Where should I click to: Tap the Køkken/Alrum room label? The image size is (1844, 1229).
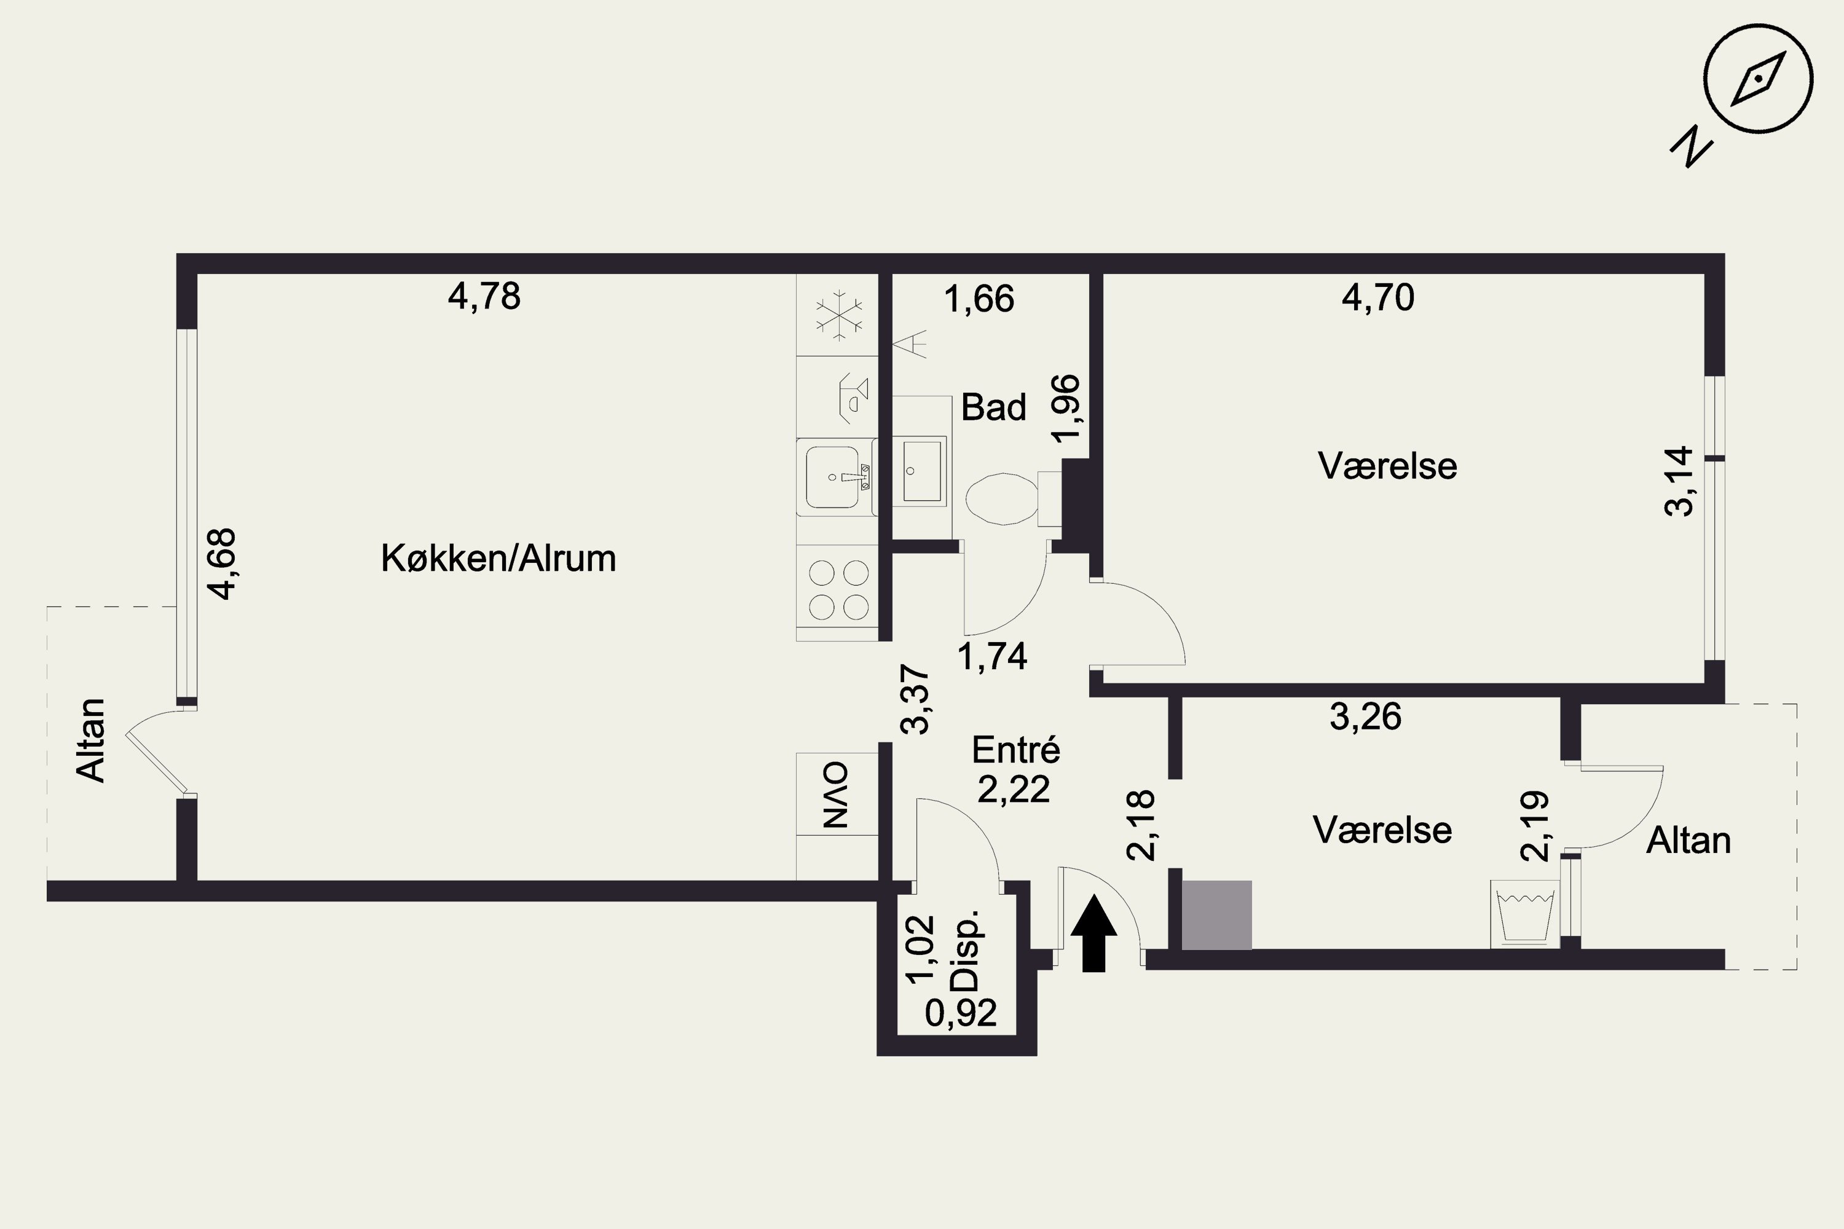pyautogui.click(x=498, y=559)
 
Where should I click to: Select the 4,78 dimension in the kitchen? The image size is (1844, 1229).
pyautogui.click(x=484, y=297)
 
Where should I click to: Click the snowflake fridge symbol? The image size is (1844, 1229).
pyautogui.click(x=838, y=316)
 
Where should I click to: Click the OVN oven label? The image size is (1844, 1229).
pyautogui.click(x=836, y=795)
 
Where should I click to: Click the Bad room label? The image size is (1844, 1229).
pyautogui.click(x=993, y=407)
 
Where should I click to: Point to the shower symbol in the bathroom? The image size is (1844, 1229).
pyautogui.click(x=910, y=344)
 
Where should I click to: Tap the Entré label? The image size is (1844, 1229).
pyautogui.click(x=1015, y=750)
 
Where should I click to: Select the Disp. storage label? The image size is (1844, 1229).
pyautogui.click(x=964, y=950)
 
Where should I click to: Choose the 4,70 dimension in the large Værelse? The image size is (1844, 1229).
pyautogui.click(x=1377, y=298)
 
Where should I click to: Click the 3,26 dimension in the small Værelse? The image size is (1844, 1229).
pyautogui.click(x=1365, y=717)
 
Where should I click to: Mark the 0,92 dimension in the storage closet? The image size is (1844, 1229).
pyautogui.click(x=960, y=1013)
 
